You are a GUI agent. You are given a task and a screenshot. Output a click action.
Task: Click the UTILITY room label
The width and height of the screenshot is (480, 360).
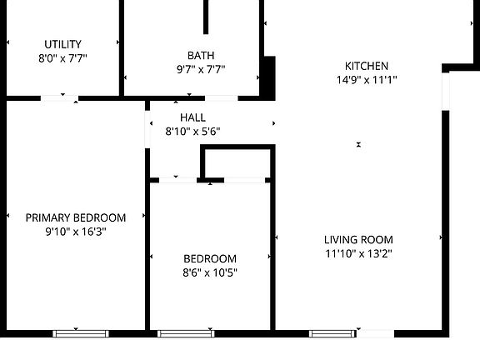(x=62, y=44)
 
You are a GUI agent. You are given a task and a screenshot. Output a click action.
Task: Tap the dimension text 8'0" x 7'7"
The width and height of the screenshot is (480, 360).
(x=62, y=58)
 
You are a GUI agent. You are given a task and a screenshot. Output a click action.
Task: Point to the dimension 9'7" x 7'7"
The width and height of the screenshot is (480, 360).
(x=200, y=69)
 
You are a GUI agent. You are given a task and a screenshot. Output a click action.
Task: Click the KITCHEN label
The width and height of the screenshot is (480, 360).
(x=367, y=66)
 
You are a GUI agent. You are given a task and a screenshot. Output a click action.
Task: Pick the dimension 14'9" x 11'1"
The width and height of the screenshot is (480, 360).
(x=367, y=80)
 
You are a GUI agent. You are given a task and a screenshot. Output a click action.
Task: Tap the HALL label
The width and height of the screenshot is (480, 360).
(x=192, y=117)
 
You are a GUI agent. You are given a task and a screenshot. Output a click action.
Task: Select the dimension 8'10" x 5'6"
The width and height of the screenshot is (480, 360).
(x=192, y=132)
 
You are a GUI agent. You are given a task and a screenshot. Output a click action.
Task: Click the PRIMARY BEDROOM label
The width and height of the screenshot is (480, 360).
(x=76, y=217)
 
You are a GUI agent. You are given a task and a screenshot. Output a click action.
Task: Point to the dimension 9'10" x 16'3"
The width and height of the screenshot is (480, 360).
(x=76, y=232)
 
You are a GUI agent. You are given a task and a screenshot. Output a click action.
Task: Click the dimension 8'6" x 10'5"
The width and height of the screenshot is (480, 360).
(x=210, y=272)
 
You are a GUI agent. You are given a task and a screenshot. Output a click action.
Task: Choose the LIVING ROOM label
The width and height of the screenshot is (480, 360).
(x=358, y=240)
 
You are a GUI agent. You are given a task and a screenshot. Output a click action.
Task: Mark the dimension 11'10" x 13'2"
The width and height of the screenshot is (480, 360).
(x=358, y=253)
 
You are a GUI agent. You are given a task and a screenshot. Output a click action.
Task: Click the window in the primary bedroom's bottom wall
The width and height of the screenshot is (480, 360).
(x=81, y=333)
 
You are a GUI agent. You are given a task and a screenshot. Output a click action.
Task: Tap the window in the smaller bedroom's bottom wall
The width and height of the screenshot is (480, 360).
(x=186, y=333)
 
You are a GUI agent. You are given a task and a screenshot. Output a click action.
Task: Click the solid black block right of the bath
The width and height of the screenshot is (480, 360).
(x=268, y=78)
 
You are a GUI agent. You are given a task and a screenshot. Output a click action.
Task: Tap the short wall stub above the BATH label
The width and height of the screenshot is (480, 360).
(x=206, y=17)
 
